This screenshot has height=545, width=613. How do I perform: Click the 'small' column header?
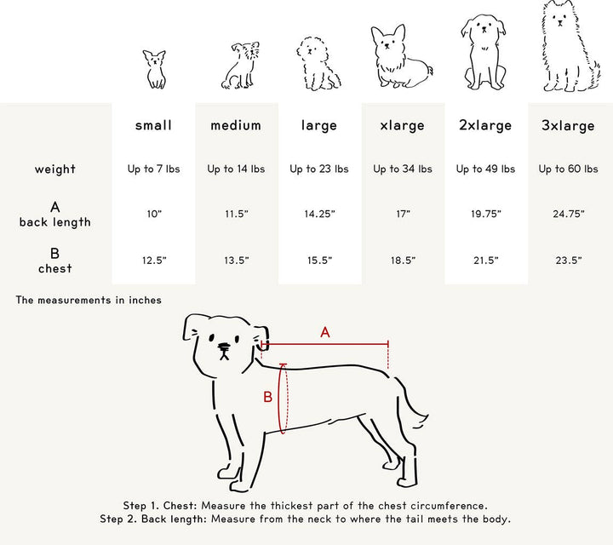tap(153, 125)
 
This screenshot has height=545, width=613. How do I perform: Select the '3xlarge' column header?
tap(568, 126)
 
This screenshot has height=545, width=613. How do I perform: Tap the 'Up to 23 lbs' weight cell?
tap(319, 169)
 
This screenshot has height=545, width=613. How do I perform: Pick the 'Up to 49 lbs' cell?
tap(485, 169)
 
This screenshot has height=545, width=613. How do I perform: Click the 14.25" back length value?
tap(319, 214)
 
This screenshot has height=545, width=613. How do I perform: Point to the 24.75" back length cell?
tap(568, 214)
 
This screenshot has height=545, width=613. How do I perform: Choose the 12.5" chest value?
tap(153, 260)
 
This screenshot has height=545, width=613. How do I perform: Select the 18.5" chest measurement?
tap(403, 260)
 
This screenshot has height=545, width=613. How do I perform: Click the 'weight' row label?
tap(55, 169)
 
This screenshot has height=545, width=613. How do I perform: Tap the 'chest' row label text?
tap(55, 269)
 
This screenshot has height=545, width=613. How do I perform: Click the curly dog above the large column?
tap(319, 64)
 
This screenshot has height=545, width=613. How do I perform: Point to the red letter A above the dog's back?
tap(325, 333)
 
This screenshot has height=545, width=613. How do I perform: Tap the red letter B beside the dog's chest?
tap(267, 397)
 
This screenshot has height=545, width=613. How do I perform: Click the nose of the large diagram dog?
tap(223, 347)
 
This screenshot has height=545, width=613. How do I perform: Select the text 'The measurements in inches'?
tap(89, 300)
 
